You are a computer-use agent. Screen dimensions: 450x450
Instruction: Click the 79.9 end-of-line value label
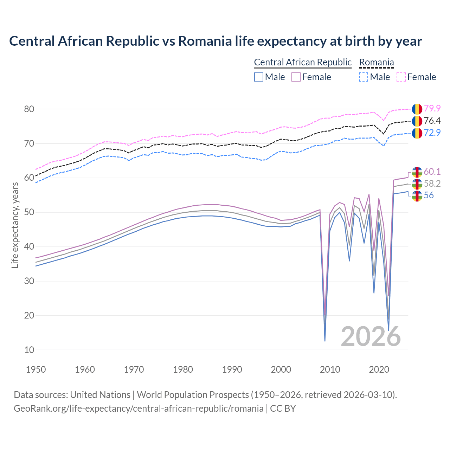(x=432, y=109)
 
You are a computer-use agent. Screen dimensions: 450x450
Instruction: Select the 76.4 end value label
(x=432, y=121)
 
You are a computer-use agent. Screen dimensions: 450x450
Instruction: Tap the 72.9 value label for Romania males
(x=432, y=133)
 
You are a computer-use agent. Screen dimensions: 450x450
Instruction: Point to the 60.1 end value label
(x=432, y=172)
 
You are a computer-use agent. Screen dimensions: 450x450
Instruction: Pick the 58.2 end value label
(x=432, y=184)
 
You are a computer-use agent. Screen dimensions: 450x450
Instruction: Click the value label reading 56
(x=429, y=195)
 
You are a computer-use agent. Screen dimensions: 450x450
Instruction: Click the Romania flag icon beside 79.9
(x=417, y=109)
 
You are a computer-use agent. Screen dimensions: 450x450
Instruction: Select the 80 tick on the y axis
(x=29, y=109)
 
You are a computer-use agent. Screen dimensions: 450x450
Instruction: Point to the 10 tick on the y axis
(x=29, y=350)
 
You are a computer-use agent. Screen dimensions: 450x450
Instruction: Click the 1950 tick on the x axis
(x=36, y=369)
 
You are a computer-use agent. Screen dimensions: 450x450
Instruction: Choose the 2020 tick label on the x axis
(x=379, y=369)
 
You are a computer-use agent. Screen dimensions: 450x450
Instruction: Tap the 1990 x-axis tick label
(x=232, y=369)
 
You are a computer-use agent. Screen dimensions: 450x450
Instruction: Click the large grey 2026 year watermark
(x=371, y=336)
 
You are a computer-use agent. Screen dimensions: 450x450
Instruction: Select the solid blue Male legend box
(x=259, y=77)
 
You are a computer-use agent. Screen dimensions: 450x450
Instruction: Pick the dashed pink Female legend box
(x=401, y=77)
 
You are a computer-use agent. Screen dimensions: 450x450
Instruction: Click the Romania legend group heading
(x=376, y=63)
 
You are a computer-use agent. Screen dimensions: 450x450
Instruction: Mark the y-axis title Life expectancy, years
(x=15, y=225)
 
